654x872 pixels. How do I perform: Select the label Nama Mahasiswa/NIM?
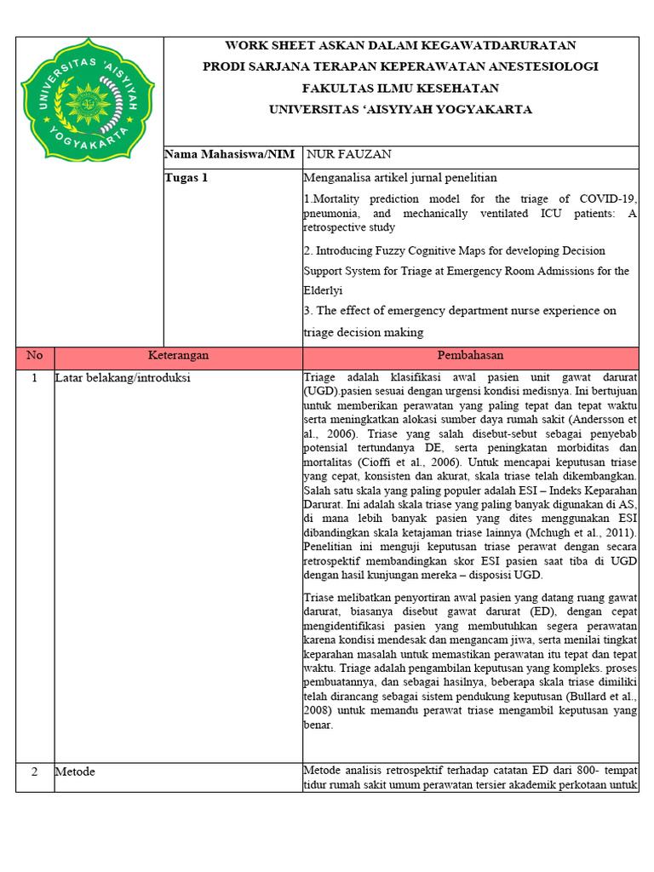(229, 155)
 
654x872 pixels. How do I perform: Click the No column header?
(34, 356)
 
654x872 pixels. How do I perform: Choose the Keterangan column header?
(178, 356)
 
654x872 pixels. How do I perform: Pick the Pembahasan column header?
(470, 356)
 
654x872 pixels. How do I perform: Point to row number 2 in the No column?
(34, 772)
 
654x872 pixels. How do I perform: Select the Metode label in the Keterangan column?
(75, 772)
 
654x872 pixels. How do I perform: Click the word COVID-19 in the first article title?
(608, 199)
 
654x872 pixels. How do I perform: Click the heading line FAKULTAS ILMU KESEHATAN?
(400, 89)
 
